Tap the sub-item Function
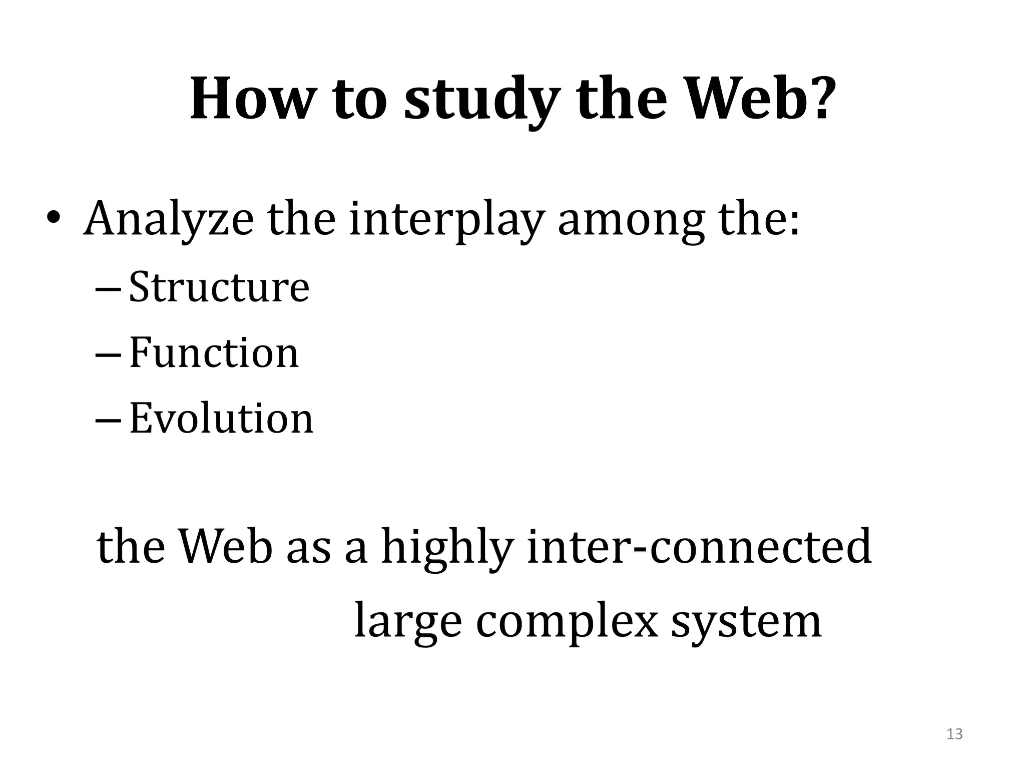pos(214,352)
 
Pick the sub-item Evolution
pos(221,418)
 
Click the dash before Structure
pos(107,290)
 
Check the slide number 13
pos(954,734)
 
